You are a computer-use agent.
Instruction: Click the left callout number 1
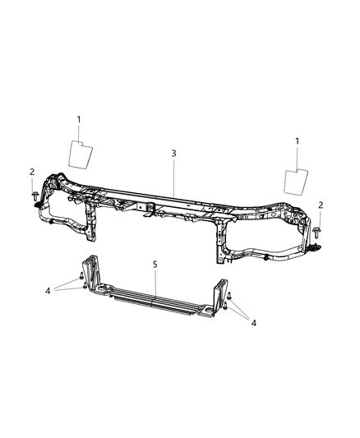(79, 119)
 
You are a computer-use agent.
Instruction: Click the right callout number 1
(298, 141)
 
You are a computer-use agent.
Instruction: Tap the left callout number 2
(32, 172)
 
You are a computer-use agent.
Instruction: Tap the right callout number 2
(321, 205)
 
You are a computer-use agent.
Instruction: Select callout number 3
(173, 153)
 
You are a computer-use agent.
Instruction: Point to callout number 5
(155, 265)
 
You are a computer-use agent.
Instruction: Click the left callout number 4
(48, 291)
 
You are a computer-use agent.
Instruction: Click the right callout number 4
(254, 323)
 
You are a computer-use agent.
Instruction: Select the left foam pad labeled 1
(81, 155)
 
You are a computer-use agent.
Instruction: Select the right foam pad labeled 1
(296, 182)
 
